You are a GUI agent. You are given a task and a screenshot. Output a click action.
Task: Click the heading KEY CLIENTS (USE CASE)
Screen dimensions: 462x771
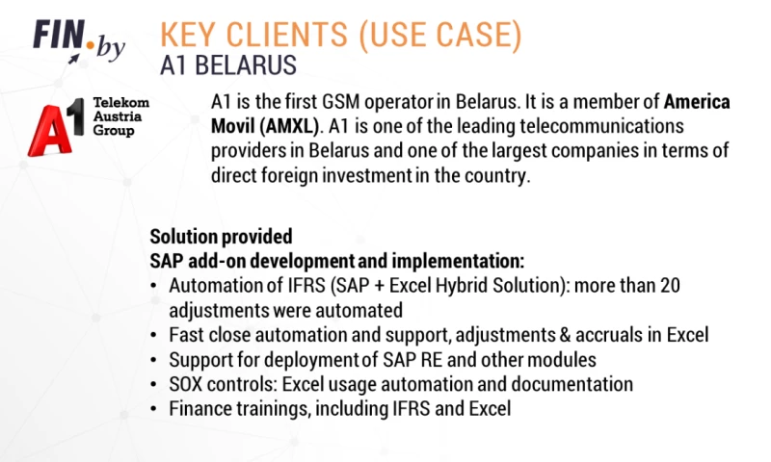pyautogui.click(x=341, y=36)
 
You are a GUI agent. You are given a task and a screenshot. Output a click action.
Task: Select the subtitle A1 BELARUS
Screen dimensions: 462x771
pyautogui.click(x=229, y=65)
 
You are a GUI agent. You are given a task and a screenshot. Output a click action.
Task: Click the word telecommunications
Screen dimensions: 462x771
pyautogui.click(x=573, y=126)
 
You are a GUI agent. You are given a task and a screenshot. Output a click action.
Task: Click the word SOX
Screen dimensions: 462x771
pyautogui.click(x=188, y=383)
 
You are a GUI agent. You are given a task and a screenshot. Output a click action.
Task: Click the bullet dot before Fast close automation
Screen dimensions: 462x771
pyautogui.click(x=156, y=335)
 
